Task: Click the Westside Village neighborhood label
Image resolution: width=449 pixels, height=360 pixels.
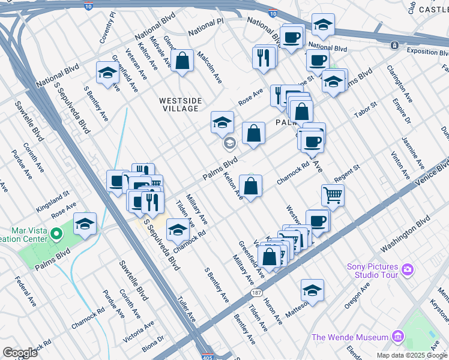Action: (180, 104)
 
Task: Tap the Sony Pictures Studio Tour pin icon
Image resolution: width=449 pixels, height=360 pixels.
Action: (408, 270)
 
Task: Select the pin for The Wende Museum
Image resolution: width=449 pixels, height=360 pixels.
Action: (397, 337)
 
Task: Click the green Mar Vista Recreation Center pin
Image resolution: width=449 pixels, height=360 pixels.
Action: (56, 233)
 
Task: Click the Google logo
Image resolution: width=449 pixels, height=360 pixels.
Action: (20, 353)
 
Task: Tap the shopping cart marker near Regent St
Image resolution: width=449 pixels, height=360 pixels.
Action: (333, 194)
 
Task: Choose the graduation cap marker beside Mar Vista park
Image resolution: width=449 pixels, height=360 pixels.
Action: (85, 224)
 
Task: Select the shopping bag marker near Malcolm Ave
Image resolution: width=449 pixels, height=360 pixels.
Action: (182, 61)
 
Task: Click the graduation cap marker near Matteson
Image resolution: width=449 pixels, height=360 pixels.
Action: (312, 290)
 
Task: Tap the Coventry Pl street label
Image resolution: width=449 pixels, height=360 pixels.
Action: (106, 26)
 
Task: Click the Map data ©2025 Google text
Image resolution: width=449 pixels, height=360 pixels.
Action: (412, 355)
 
